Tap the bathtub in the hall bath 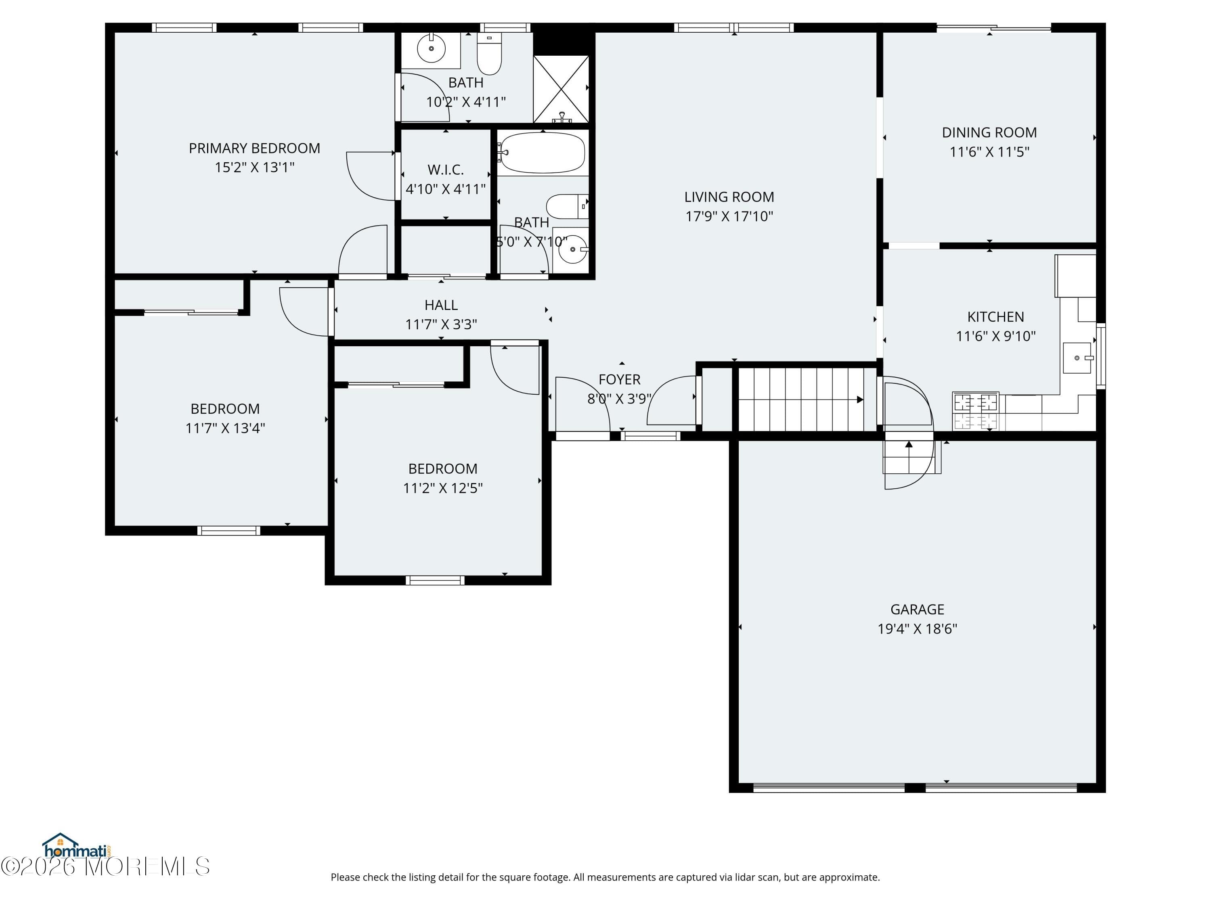pyautogui.click(x=542, y=153)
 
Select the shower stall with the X pyautogui.click(x=561, y=89)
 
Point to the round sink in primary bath pyautogui.click(x=432, y=49)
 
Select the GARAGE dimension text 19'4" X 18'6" pyautogui.click(x=917, y=629)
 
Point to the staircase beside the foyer pyautogui.click(x=805, y=400)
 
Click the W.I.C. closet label pyautogui.click(x=446, y=169)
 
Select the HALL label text pyautogui.click(x=441, y=305)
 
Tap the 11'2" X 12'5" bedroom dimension pyautogui.click(x=442, y=488)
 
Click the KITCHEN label pyautogui.click(x=995, y=317)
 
